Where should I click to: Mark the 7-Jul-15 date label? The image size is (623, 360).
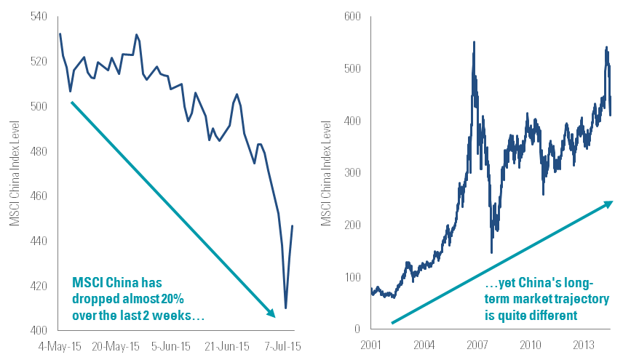[284, 343]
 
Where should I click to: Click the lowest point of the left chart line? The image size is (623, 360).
[286, 308]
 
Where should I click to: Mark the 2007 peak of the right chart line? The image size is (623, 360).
[475, 42]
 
